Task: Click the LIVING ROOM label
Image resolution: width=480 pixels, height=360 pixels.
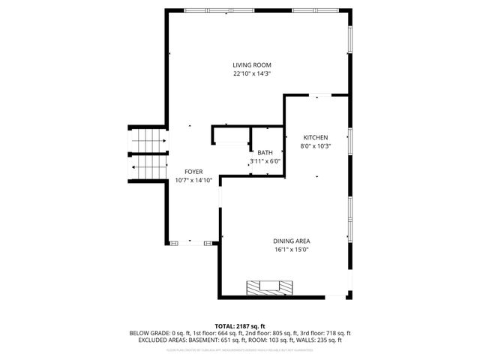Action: (251, 65)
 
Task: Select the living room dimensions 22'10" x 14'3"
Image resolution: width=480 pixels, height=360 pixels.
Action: (251, 73)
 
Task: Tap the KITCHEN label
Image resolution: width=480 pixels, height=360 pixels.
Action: (315, 138)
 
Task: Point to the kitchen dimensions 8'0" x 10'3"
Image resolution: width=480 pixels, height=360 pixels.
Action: (315, 146)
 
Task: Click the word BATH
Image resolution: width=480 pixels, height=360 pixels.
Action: (265, 153)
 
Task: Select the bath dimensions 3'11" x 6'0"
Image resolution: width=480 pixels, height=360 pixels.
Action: (265, 161)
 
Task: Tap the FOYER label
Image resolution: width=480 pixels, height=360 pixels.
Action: (193, 172)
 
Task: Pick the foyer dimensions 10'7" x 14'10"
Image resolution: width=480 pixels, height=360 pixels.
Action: (193, 180)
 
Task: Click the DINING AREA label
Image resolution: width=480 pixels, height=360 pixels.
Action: (291, 241)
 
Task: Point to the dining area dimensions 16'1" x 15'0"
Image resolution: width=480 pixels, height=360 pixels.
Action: (291, 249)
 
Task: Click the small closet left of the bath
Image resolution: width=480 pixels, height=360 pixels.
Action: (230, 136)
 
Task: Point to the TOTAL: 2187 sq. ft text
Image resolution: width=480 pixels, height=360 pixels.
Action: (240, 326)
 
